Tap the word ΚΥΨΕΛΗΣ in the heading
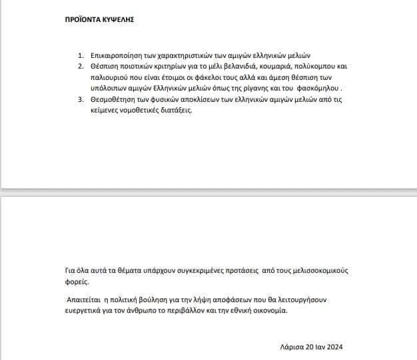point(117,20)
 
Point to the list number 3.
point(81,98)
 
